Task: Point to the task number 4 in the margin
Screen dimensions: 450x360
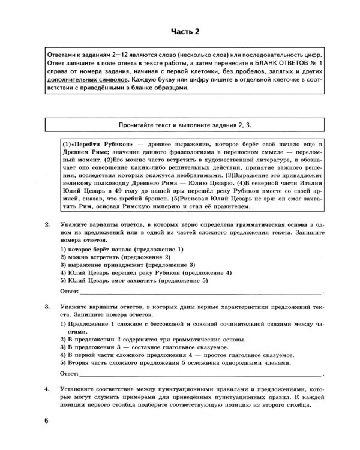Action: (46, 391)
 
